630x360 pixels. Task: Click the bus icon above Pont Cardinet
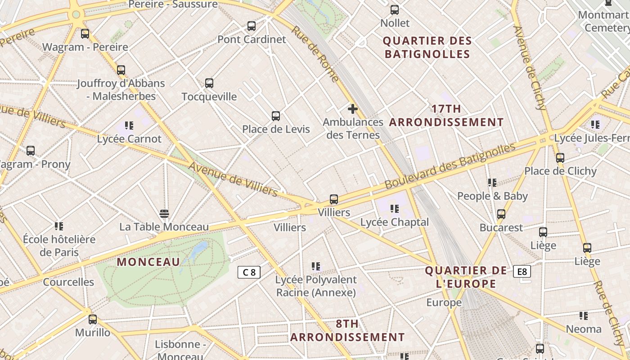252,26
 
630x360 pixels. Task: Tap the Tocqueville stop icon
209,83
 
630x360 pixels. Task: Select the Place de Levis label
276,129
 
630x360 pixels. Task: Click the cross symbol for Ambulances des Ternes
353,108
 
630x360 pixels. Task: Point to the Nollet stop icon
395,10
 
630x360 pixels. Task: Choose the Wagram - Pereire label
85,47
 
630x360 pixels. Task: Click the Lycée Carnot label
129,139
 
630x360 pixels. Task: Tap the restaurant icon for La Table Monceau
164,213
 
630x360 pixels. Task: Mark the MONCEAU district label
148,262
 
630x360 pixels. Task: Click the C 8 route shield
249,272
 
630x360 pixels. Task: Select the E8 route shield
522,271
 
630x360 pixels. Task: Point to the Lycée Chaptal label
395,222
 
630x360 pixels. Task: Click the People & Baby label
492,196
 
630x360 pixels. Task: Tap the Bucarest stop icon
501,214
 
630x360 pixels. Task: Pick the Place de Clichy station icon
560,158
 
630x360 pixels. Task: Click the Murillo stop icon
93,319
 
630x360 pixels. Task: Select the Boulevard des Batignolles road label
450,166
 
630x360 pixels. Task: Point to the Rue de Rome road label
315,54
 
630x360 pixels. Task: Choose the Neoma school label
584,329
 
